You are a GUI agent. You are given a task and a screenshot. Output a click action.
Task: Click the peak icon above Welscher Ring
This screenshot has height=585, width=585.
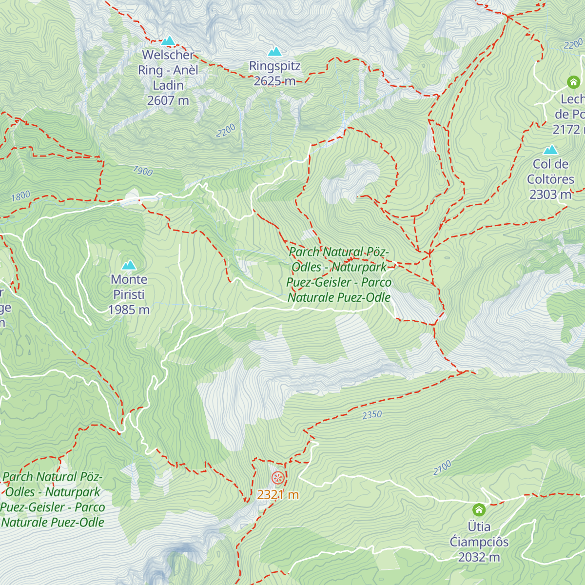click(168, 40)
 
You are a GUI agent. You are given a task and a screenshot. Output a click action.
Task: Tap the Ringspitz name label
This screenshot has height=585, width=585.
click(274, 66)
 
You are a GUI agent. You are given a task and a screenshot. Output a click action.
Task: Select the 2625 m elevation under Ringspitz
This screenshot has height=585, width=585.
click(274, 81)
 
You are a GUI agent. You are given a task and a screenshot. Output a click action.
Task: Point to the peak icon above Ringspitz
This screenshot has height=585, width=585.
click(275, 51)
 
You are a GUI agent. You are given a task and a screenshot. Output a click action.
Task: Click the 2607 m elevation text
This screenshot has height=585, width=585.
click(168, 100)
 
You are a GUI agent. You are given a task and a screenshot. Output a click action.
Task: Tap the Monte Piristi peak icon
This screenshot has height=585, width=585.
click(129, 265)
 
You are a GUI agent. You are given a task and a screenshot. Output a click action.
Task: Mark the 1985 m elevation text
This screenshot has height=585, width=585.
click(129, 310)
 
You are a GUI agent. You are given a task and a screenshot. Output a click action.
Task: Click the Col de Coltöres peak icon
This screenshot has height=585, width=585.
click(551, 150)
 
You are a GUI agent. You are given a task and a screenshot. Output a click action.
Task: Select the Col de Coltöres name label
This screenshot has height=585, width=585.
click(550, 172)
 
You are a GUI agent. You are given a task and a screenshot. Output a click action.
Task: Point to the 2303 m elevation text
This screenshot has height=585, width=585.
click(550, 195)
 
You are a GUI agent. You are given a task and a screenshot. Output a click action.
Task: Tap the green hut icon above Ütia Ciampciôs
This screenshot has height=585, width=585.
click(479, 510)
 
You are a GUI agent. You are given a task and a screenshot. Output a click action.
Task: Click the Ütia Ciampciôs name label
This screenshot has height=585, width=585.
click(479, 534)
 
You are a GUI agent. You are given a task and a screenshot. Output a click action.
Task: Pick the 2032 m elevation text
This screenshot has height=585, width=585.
click(479, 557)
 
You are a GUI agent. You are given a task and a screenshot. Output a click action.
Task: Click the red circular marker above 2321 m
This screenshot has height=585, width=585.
click(278, 478)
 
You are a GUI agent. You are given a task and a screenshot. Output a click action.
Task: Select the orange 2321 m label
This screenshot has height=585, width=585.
click(278, 495)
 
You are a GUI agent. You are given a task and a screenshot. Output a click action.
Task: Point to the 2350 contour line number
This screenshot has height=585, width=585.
click(372, 415)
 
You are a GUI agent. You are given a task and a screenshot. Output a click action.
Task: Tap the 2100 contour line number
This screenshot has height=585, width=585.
click(442, 468)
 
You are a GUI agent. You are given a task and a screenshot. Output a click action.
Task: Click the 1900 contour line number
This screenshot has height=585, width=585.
click(143, 171)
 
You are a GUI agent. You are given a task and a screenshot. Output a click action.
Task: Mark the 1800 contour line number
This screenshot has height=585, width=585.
click(20, 196)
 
